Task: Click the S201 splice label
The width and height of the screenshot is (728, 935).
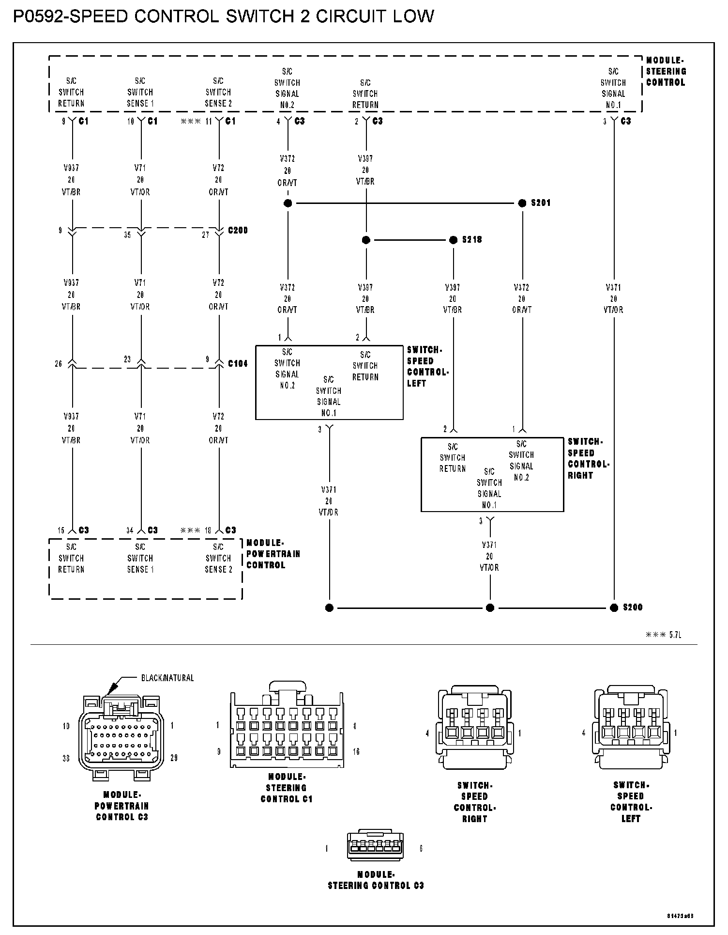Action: point(541,203)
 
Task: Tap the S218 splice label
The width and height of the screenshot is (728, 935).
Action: point(472,240)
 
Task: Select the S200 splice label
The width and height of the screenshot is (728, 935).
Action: point(633,608)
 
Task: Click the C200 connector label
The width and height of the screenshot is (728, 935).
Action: point(238,230)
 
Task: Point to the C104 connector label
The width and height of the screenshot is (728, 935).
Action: point(238,363)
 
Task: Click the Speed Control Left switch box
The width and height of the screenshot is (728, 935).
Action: point(329,382)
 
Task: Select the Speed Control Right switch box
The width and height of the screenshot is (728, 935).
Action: point(492,475)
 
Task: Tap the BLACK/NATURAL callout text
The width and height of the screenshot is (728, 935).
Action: point(167,678)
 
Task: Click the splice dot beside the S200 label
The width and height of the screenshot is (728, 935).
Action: point(614,608)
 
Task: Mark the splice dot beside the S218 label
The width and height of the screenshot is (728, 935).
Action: point(454,240)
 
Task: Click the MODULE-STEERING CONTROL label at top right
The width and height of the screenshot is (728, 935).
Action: point(666,71)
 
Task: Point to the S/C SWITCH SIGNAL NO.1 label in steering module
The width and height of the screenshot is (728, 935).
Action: point(613,88)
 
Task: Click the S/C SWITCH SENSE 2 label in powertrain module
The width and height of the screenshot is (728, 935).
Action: point(218,558)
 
